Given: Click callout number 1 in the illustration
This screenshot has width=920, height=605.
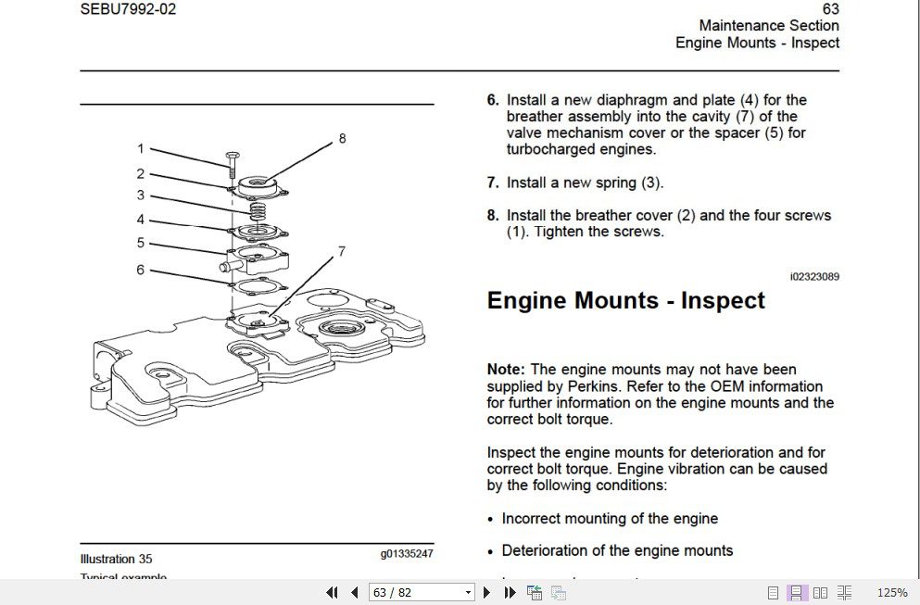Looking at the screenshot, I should tap(141, 148).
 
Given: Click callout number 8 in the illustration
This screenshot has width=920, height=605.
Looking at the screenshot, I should tap(342, 138).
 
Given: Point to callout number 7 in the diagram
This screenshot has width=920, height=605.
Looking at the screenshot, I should tap(342, 251).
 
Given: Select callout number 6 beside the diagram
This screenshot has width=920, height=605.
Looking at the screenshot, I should tap(141, 270).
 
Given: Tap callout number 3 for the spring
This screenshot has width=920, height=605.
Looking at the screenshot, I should tap(141, 195).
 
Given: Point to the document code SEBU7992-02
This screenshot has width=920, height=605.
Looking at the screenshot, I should tap(128, 9).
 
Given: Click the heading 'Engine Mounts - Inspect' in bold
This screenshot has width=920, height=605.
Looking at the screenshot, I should tap(625, 300).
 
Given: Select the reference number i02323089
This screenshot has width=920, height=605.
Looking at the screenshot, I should tap(813, 276).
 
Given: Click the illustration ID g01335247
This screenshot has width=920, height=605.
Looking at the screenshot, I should tap(406, 554).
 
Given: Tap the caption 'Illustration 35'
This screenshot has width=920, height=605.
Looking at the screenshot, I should tap(116, 559).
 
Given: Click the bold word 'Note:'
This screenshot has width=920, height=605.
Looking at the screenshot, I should tap(506, 370).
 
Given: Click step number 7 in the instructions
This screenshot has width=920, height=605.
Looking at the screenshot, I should tap(493, 183).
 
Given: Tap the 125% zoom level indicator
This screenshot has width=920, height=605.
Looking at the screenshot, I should tap(891, 592).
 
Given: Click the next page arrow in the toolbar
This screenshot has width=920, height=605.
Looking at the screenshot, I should tap(486, 592).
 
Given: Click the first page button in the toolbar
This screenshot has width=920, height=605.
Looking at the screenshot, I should tap(332, 592).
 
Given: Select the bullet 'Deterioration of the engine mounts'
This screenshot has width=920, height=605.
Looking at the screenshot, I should tap(617, 550).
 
